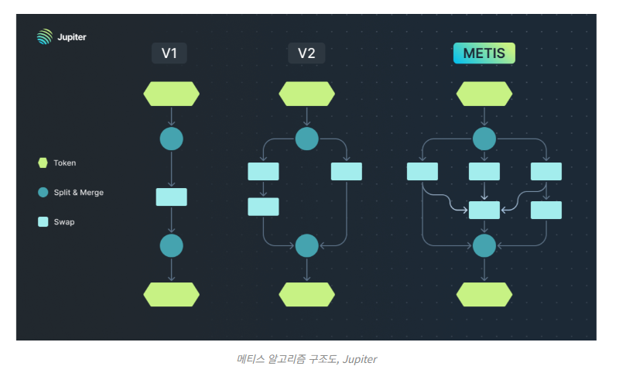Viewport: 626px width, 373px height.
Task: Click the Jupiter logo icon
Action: click(x=44, y=36)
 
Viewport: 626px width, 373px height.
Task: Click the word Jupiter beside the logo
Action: click(x=73, y=36)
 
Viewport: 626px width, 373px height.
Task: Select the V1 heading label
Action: click(x=169, y=53)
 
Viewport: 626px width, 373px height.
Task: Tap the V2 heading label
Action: click(x=306, y=53)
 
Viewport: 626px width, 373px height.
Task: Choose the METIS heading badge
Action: click(x=484, y=53)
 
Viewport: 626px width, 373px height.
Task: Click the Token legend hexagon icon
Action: click(x=43, y=163)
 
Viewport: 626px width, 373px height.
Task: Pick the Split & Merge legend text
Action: click(x=79, y=192)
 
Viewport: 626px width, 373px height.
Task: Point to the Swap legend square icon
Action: click(x=43, y=221)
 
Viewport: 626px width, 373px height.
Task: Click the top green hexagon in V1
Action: click(x=171, y=94)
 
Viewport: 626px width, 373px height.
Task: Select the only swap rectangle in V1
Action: click(x=171, y=197)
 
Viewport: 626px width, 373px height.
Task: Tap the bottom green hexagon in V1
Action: click(x=171, y=295)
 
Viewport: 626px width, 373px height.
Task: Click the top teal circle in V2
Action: click(x=307, y=139)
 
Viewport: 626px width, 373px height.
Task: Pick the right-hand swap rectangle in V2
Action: click(x=347, y=172)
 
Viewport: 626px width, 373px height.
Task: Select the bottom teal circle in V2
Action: click(x=307, y=245)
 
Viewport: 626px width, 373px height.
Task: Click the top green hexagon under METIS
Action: click(x=484, y=94)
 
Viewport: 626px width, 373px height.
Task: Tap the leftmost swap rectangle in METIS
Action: click(x=422, y=172)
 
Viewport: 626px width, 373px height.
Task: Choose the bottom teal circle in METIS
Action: click(x=484, y=245)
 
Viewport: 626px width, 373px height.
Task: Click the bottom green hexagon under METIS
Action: click(x=484, y=295)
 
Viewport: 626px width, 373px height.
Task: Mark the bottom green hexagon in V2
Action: click(x=307, y=295)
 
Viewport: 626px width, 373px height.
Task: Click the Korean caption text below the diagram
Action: click(x=306, y=359)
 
